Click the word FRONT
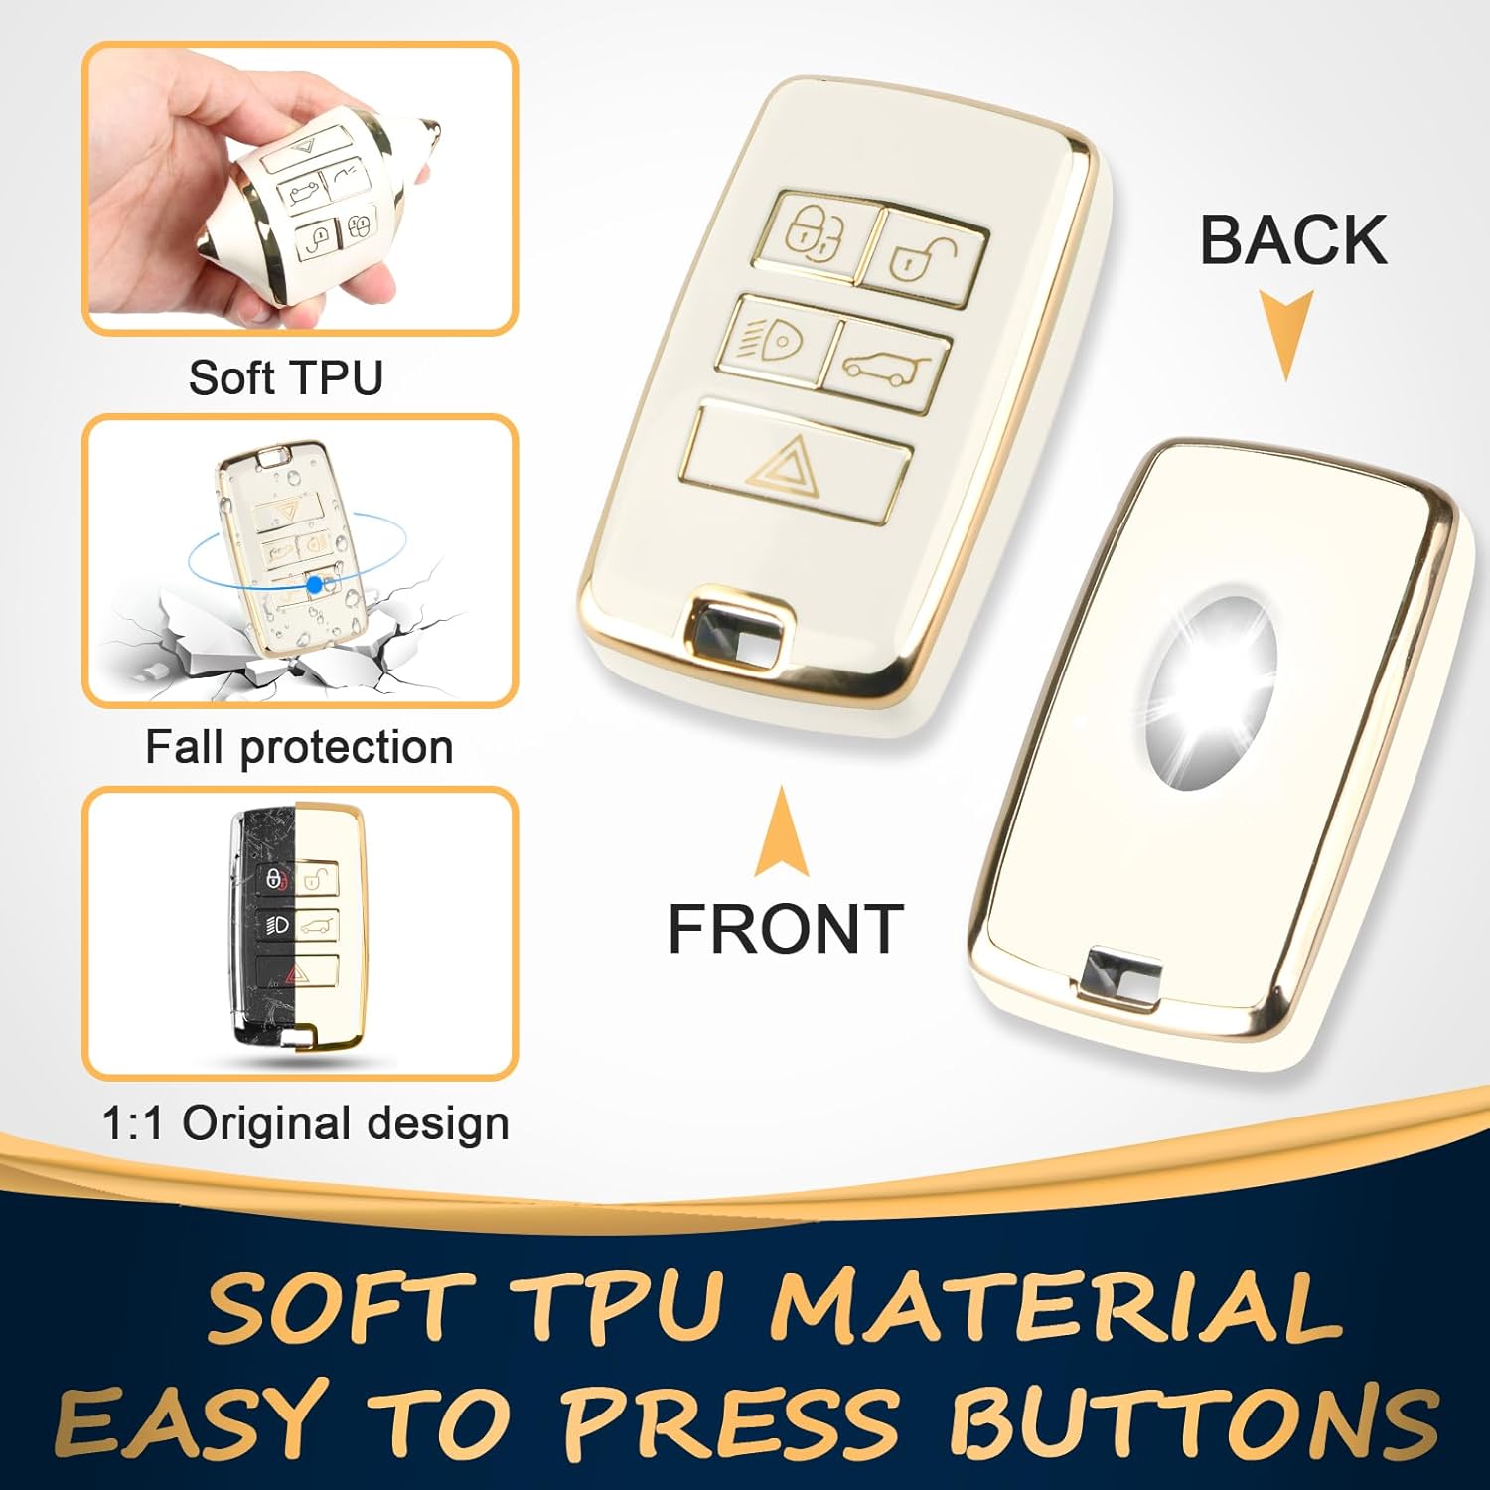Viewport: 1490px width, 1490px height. [x=785, y=929]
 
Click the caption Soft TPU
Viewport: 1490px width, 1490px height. [x=286, y=378]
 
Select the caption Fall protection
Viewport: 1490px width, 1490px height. [x=299, y=747]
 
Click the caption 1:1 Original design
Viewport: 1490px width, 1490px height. [x=305, y=1123]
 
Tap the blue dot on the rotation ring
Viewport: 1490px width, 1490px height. [x=314, y=585]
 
